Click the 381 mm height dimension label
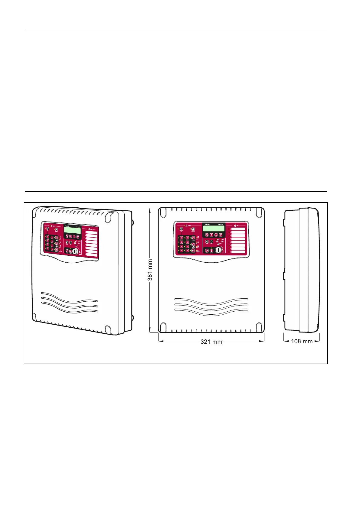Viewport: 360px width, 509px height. coord(150,270)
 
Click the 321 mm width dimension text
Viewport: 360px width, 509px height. coord(211,342)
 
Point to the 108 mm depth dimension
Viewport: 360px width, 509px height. coord(302,341)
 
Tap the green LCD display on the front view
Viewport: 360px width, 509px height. coord(214,228)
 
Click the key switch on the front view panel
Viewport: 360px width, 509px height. coord(217,250)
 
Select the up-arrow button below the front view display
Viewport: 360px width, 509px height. coord(211,235)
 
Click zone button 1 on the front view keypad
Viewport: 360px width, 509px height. coord(182,238)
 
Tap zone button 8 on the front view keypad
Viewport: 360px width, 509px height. coord(187,251)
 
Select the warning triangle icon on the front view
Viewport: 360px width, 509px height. coord(186,225)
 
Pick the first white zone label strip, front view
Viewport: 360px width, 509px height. coord(238,229)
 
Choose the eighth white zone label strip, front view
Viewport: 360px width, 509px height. coord(238,252)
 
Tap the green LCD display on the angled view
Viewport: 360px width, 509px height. coord(72,230)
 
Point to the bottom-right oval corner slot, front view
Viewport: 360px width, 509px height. coord(259,327)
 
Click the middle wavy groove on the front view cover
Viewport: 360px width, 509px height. coord(211,305)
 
